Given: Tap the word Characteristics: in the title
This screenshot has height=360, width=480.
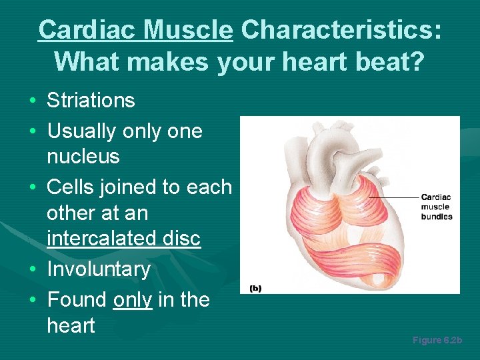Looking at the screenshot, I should point(341,30).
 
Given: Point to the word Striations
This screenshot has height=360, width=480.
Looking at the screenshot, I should point(91,101).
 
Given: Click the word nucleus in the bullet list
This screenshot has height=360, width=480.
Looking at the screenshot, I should point(83,157).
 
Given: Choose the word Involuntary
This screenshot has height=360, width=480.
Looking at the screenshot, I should point(99,269).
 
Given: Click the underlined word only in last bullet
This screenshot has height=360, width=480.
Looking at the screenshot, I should point(132,300).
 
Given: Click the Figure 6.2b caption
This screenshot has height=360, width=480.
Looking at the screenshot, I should point(437,341).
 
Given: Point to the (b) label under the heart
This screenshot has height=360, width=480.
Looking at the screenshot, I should point(255,288).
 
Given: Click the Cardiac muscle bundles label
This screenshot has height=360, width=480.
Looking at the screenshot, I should point(436,207).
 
